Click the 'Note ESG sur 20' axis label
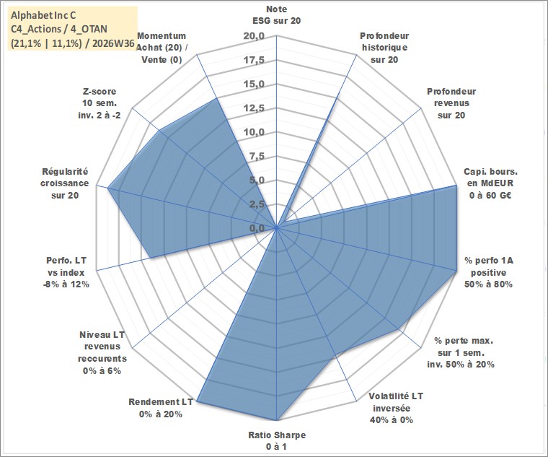coord(276,14)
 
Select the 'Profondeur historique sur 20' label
coord(384,48)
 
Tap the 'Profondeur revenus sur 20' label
coord(451,103)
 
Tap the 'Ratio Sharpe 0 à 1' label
coord(277,441)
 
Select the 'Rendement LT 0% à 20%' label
coord(160,408)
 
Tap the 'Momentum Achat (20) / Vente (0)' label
coord(161,48)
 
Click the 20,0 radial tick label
coord(255,36)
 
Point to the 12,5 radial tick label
coord(255,108)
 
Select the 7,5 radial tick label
coord(257,157)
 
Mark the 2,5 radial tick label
coord(257,205)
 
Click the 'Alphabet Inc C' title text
coord(43,15)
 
